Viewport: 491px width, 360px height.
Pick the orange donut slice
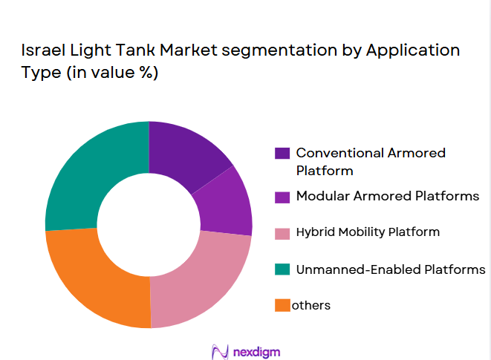point(97,278)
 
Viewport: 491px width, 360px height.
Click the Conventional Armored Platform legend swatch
point(282,154)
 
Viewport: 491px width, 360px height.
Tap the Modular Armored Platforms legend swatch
point(282,197)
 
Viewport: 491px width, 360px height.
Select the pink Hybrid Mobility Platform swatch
point(282,233)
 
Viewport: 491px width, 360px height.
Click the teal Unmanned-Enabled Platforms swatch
point(282,269)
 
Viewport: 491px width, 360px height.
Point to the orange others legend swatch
point(282,305)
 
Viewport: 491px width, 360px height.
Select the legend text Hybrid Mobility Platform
point(368,232)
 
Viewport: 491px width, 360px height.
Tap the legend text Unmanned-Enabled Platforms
point(390,269)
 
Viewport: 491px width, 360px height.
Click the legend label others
point(312,305)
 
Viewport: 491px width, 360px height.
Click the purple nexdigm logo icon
point(219,350)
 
